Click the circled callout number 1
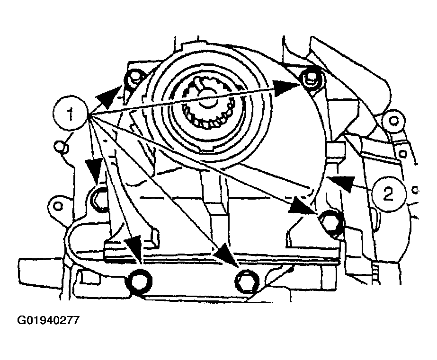tap(70, 114)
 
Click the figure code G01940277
tap(48, 320)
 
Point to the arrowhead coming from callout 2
tap(340, 183)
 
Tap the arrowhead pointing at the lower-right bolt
tap(303, 205)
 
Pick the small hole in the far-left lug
tap(58, 206)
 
